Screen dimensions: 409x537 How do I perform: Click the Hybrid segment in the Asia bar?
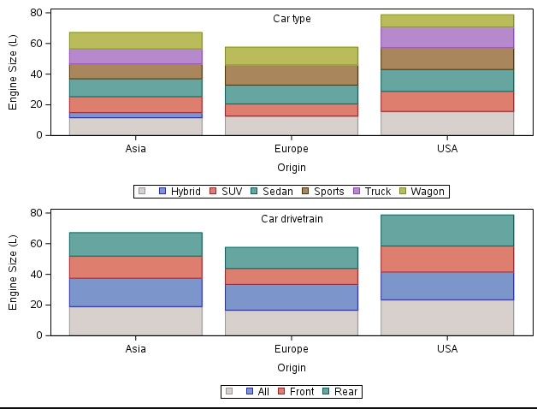point(135,115)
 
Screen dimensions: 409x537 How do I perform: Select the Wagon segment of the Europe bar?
point(292,56)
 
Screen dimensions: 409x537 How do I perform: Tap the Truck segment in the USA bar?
point(447,37)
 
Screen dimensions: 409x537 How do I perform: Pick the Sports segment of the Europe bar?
point(292,74)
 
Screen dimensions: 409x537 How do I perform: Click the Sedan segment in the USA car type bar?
point(447,80)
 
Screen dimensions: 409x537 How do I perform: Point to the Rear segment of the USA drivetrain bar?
point(447,230)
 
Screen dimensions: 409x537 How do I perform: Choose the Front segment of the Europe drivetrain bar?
point(292,276)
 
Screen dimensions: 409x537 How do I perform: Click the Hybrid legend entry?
point(180,192)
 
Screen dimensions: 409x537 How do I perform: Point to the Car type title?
point(292,19)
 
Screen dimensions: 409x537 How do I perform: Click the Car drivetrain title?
point(292,219)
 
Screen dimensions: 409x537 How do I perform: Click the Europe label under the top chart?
point(292,149)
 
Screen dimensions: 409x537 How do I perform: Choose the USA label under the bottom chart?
point(447,349)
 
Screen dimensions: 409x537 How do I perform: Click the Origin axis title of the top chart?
point(292,168)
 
